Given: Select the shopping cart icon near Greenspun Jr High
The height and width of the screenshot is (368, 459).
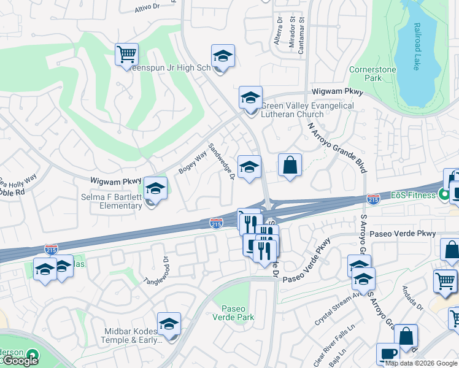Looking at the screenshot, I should pos(126,55).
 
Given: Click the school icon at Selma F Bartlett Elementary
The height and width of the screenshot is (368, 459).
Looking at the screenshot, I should pos(155,188).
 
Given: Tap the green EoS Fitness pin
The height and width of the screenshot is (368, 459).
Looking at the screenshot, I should pos(445,196).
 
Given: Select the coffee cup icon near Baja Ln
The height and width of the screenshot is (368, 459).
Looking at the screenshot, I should pos(388,354).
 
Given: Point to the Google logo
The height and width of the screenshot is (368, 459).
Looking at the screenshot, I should pos(20,361).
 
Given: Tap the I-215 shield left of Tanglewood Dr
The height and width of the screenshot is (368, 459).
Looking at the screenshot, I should pos(51,249).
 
